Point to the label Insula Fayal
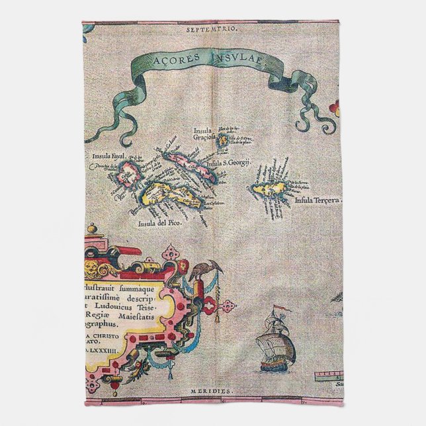click(x=109, y=157)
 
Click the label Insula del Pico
click(x=159, y=223)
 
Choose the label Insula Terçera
click(x=319, y=200)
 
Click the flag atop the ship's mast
click(x=280, y=310)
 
